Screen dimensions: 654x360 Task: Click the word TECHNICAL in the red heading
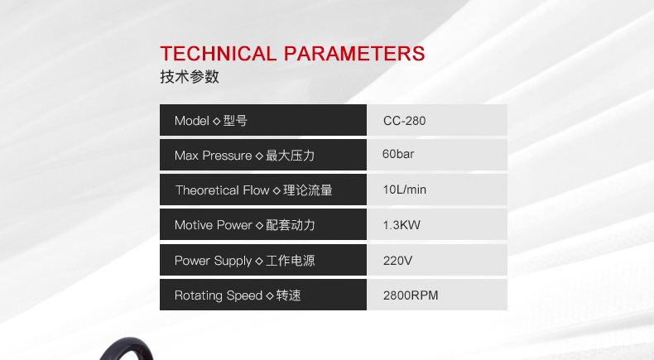coord(219,54)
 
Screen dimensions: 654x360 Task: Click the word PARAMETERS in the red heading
coord(354,54)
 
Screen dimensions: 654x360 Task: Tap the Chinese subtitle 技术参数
coord(190,77)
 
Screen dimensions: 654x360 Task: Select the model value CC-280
coord(404,121)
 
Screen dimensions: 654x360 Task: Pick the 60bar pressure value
coord(398,154)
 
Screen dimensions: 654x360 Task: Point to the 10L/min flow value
coord(405,190)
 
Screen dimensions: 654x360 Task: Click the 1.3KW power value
coord(402,225)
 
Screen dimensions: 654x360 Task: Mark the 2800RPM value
coord(411,295)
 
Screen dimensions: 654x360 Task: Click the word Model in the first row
coord(192,121)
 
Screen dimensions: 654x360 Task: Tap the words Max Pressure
coord(213,156)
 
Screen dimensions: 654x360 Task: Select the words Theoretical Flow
coord(223,190)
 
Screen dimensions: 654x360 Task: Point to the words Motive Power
coord(213,225)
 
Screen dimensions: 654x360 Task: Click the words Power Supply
coord(213,262)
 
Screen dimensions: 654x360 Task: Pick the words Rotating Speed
coord(219,295)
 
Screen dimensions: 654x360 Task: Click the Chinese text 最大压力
coord(291,156)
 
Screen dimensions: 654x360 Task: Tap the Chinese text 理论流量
coord(308,190)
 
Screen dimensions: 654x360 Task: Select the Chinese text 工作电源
coord(291,261)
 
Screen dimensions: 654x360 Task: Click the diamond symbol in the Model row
coord(216,121)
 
